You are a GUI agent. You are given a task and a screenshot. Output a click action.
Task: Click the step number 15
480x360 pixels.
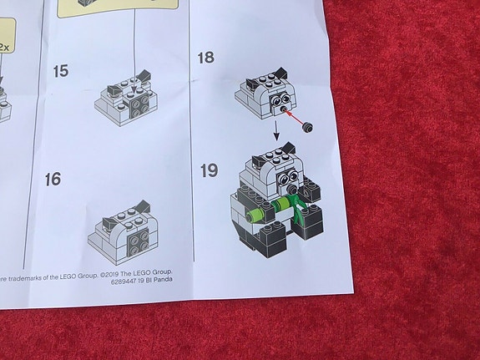coord(59,71)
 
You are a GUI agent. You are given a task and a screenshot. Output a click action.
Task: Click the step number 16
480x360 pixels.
coord(53,180)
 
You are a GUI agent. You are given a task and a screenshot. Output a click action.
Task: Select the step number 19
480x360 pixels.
coord(210,170)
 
